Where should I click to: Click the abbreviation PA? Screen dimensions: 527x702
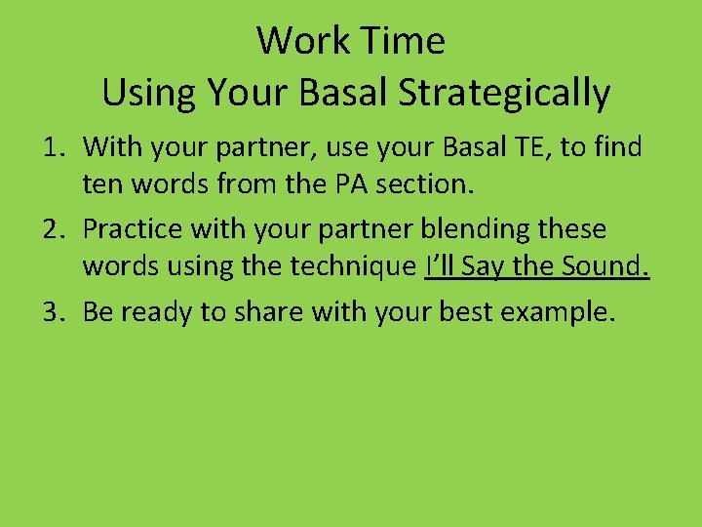tap(348, 182)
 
